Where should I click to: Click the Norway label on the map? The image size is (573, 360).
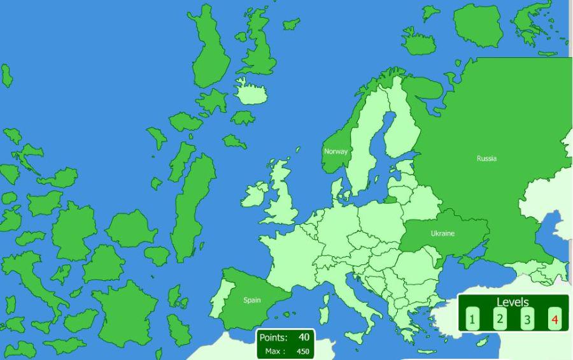336,152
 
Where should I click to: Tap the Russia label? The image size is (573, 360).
486,159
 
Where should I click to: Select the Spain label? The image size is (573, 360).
252,300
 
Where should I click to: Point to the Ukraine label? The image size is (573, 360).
442,233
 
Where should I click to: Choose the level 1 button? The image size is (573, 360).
472,319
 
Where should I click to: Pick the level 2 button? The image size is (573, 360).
500,319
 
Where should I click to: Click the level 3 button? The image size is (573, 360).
527,319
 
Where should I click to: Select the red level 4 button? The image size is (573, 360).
555,319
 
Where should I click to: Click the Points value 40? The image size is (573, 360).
304,337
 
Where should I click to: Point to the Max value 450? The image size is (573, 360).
302,351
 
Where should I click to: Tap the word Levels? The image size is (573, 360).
513,302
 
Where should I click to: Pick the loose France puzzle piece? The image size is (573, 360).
127,306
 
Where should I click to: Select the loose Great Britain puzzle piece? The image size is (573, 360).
258,45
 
